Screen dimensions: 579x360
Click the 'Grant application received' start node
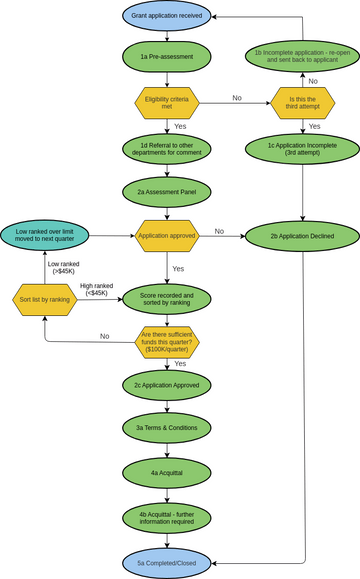167,16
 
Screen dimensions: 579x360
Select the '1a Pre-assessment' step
167,58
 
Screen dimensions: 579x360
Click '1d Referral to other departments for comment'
167,149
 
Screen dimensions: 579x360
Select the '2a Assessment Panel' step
167,191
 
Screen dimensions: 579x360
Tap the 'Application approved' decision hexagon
167,236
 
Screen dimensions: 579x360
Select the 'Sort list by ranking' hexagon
45,298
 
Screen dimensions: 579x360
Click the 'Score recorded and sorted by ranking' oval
167,298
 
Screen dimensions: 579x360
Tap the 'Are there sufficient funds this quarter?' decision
167,342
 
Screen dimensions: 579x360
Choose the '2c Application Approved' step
167,385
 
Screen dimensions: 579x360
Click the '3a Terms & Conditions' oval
167,427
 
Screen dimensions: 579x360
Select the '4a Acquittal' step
167,470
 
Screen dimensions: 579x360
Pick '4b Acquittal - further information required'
167,517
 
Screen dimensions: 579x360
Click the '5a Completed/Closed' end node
167,563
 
